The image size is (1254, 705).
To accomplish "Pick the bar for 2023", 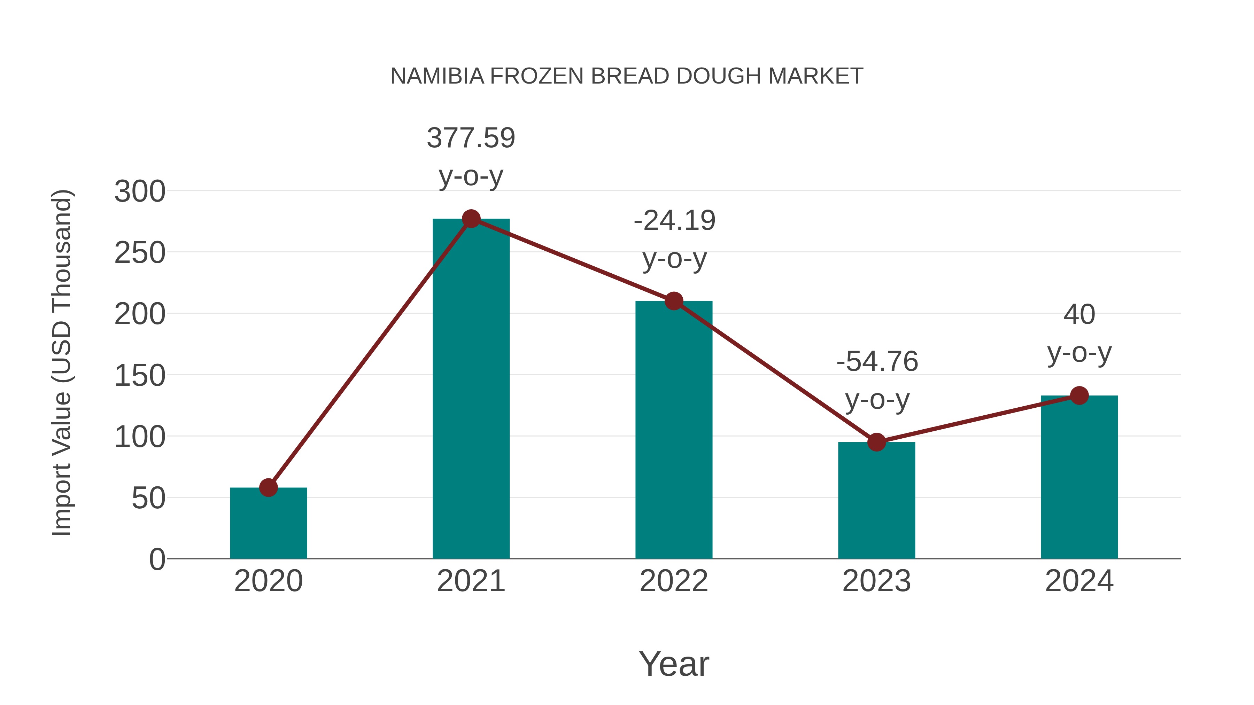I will pyautogui.click(x=876, y=501).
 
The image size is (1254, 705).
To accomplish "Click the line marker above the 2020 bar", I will pyautogui.click(x=268, y=487).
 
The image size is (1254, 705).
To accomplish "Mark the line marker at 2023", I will pyautogui.click(x=876, y=442).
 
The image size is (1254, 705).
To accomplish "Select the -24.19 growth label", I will pyautogui.click(x=674, y=221).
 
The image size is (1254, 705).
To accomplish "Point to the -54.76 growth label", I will pyautogui.click(x=877, y=362).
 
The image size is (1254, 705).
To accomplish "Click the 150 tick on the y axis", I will pyautogui.click(x=140, y=376).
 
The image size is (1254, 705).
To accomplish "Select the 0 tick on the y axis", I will pyautogui.click(x=157, y=559).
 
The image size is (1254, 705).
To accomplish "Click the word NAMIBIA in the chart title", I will pyautogui.click(x=437, y=76).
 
